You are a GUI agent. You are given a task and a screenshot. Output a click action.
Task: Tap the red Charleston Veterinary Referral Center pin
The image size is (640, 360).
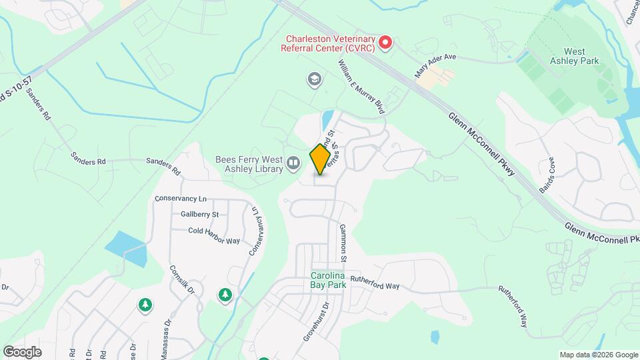385,43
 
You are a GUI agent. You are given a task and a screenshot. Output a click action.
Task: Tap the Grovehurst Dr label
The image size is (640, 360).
317,323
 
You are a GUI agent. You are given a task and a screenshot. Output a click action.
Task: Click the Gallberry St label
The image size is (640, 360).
199,214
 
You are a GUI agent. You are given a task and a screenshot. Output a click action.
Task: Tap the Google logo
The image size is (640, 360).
23,351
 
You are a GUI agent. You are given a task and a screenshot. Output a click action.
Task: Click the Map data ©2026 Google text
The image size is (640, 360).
598,355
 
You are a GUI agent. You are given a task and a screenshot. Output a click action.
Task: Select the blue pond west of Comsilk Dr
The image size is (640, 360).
125,248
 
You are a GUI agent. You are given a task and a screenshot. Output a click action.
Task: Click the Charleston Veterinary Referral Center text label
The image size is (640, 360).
327,43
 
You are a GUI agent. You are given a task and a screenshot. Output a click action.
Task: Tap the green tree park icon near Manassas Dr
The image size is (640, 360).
145,305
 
